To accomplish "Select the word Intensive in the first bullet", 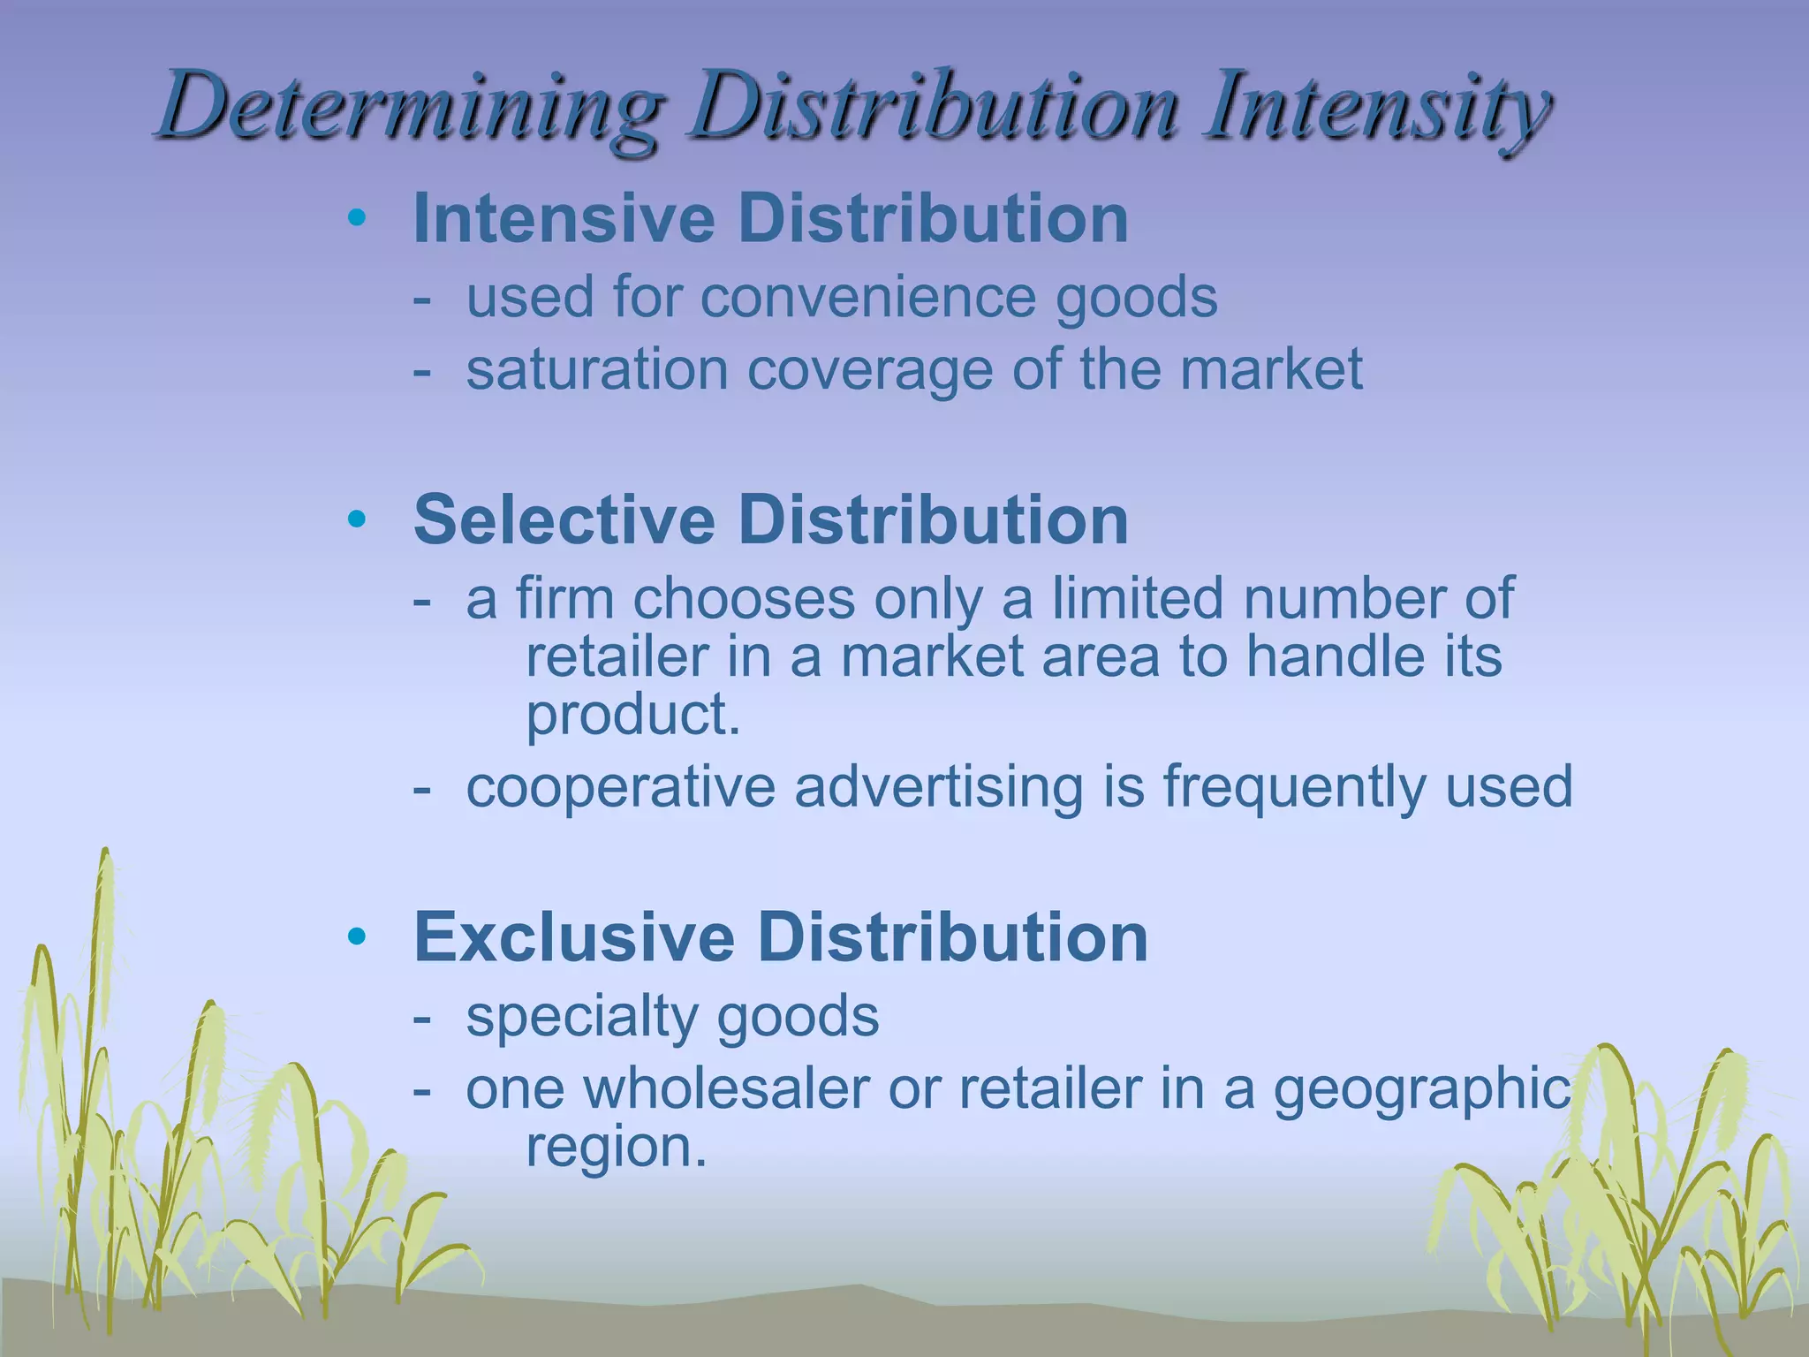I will [564, 218].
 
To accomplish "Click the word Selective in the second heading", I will [564, 519].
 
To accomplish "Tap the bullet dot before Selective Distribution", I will [357, 519].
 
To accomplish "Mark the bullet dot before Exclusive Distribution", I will [357, 937].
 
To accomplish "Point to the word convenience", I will [867, 297].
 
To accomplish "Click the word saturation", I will [597, 369].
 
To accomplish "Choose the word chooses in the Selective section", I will [744, 599].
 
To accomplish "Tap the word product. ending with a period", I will [632, 716].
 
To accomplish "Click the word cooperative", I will [620, 788].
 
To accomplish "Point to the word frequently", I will [1293, 788].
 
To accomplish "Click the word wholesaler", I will [726, 1088].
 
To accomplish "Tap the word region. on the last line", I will [617, 1149].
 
